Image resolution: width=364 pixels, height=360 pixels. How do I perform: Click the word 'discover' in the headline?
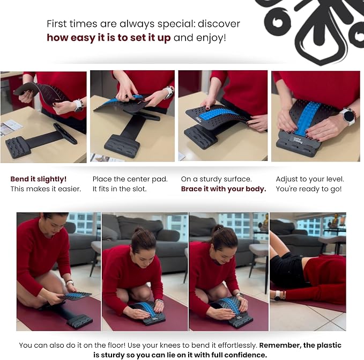pos(219,24)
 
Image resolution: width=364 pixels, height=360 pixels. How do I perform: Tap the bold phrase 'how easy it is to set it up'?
pos(109,38)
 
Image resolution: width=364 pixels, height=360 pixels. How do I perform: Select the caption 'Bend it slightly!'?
pos(39,179)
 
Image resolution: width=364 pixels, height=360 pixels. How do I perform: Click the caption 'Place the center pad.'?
pos(130,179)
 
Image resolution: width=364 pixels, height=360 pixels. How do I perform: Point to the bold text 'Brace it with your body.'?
pos(224,189)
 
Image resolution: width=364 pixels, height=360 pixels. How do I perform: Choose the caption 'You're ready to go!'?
pos(309,189)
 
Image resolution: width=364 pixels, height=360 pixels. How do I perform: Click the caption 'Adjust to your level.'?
pos(310,179)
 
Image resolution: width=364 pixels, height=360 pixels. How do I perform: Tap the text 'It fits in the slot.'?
pos(120,189)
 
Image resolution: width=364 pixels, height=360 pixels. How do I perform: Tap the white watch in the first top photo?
pos(78,106)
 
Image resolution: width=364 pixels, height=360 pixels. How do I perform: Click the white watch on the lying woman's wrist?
pos(278,296)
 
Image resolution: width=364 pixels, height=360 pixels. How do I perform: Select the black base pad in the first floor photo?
pos(79,322)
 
